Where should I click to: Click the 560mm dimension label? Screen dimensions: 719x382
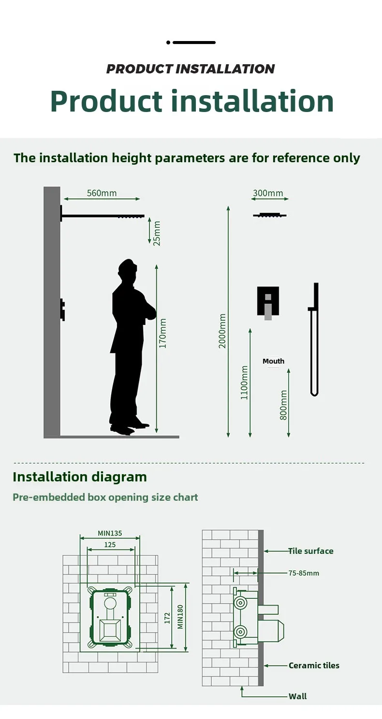(x=102, y=193)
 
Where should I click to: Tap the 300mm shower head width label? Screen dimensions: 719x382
(x=268, y=193)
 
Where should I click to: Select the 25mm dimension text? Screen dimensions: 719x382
(x=157, y=233)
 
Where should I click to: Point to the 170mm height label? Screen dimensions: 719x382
(x=163, y=333)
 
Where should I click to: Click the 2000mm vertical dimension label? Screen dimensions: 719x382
(x=222, y=331)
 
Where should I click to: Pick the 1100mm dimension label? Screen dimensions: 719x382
(x=245, y=382)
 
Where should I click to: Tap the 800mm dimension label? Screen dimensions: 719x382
(x=284, y=405)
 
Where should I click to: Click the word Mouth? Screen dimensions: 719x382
(x=273, y=361)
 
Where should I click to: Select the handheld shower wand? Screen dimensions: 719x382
(x=314, y=338)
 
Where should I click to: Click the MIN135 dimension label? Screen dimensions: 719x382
(x=110, y=534)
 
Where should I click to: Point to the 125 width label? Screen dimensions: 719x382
(x=110, y=545)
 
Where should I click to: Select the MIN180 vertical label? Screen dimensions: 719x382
(x=180, y=617)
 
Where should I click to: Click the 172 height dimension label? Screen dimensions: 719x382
(x=167, y=618)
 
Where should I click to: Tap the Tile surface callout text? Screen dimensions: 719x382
(x=311, y=551)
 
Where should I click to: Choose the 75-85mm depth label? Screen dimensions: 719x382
(x=304, y=573)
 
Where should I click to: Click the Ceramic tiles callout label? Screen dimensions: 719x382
(x=314, y=665)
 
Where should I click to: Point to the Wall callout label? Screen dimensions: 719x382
(x=297, y=696)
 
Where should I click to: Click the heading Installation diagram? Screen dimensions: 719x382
(x=80, y=477)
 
